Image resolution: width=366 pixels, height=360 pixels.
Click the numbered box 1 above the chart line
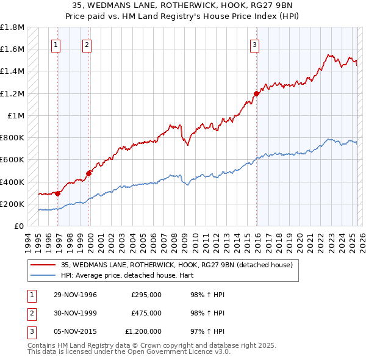pos(56,44)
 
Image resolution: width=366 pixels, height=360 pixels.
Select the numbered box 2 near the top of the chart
pos(87,44)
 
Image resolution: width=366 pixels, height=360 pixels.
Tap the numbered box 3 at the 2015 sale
pos(254,44)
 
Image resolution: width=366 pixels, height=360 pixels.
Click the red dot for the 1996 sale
pos(58,193)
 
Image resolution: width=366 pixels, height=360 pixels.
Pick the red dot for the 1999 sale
pos(89,173)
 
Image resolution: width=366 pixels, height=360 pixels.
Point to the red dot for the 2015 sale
pos(257,93)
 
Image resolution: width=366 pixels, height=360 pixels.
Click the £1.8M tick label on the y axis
pos(12,27)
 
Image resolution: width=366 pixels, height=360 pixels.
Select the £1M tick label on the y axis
pos(16,115)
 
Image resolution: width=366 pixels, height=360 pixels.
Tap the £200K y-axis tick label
pos(12,204)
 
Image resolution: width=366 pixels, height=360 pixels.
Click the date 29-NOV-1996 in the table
pos(76,295)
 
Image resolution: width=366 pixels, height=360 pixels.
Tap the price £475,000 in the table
pos(146,313)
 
